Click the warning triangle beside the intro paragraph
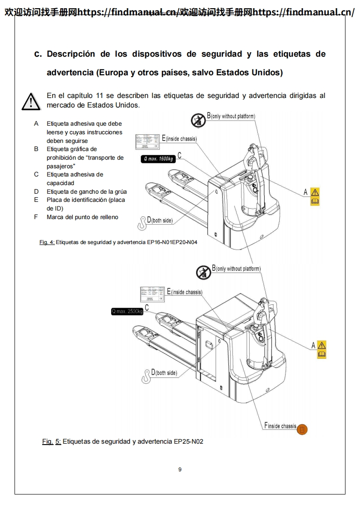pos(31,101)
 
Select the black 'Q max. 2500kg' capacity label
pos(127,311)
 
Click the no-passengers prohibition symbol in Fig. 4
pos(198,120)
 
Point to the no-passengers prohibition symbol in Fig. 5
pos(203,273)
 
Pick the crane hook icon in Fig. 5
pos(147,376)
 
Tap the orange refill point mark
pos(302,429)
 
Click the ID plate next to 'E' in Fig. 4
pos(148,142)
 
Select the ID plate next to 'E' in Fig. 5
pos(153,294)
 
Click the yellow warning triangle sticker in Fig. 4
pos(315,192)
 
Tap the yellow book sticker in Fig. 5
pos(321,354)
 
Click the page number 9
pos(180,470)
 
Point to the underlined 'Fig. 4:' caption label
pos(47,242)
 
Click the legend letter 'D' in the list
pos(36,191)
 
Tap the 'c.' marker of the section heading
pos(38,54)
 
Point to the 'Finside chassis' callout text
pos(280,426)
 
